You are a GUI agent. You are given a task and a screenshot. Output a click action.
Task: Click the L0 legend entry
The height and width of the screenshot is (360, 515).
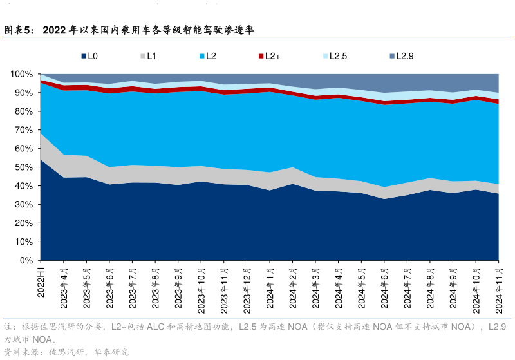(89, 56)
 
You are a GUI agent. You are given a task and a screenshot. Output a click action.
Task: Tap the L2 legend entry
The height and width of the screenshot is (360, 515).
(207, 56)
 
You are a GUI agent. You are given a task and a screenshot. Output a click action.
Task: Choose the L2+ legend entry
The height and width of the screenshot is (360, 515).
(269, 56)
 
